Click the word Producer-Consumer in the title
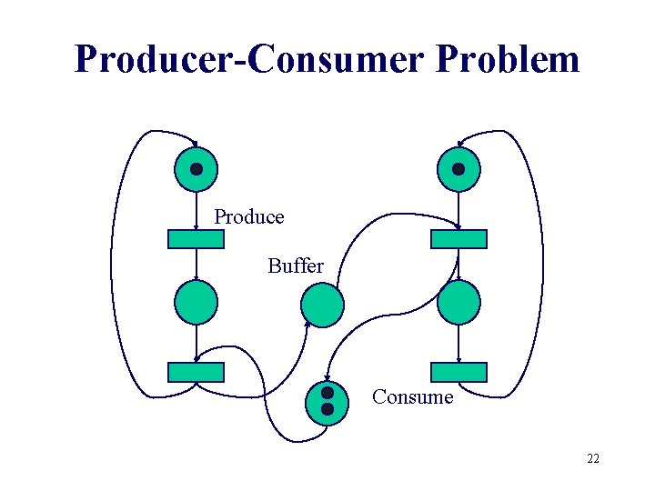250,59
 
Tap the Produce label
249,217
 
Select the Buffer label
296,266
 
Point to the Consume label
412,397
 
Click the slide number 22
592,459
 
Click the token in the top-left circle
196,169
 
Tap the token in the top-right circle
458,169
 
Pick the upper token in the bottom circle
327,395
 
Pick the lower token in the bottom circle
327,410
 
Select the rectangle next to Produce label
196,239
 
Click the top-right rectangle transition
458,239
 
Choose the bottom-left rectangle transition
196,372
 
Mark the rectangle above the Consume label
458,372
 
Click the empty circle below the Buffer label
323,305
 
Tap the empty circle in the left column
196,303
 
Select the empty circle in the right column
458,303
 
